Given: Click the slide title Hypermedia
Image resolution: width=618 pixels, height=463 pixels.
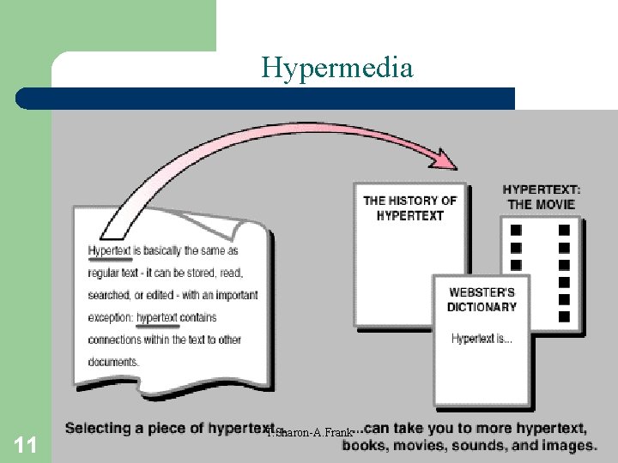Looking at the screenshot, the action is (337, 67).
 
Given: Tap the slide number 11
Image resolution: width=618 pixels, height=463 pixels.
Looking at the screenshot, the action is (26, 444).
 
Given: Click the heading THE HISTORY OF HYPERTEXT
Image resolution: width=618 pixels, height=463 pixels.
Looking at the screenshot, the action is (410, 208).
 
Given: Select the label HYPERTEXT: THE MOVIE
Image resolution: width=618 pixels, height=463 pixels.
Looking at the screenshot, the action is (542, 196).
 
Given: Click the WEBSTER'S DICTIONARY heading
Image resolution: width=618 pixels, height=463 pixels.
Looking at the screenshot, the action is (482, 299).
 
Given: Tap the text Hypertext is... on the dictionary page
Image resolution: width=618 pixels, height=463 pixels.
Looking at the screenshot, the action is (482, 339).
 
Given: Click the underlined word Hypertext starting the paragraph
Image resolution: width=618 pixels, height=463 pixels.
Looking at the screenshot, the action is (109, 251).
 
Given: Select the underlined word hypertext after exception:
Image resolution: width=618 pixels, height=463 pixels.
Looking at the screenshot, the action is (157, 317).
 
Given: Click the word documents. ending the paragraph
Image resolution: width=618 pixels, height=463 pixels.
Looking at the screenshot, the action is (112, 362).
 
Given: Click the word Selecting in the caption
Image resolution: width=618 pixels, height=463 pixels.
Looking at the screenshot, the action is (97, 428).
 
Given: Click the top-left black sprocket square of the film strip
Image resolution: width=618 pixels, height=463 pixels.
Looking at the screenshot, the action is (516, 230).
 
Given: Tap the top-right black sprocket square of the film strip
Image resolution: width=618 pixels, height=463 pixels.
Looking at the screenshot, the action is (564, 230).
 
